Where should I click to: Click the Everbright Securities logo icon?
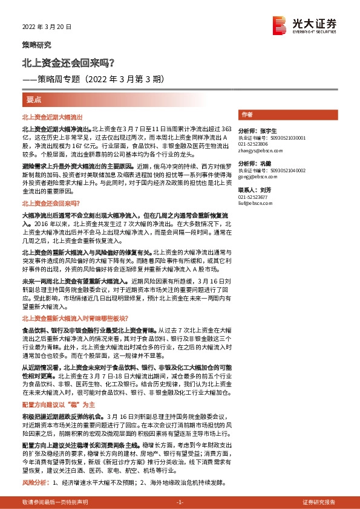tap(280, 24)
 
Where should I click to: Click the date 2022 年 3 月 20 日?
tap(47, 27)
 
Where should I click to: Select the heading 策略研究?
tap(36, 45)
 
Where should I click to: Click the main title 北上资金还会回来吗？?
tap(67, 62)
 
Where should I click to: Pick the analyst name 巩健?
tap(268, 164)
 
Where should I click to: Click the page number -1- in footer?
tap(180, 502)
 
